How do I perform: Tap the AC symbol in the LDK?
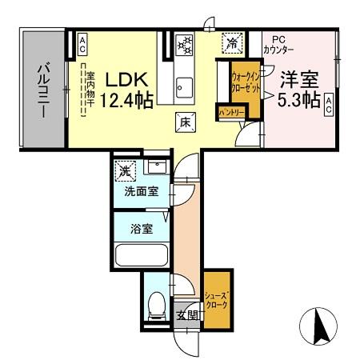[82, 44]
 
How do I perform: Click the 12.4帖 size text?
[120, 100]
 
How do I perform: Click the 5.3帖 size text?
[300, 100]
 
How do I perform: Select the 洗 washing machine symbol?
[125, 170]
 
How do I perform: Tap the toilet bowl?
[157, 304]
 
